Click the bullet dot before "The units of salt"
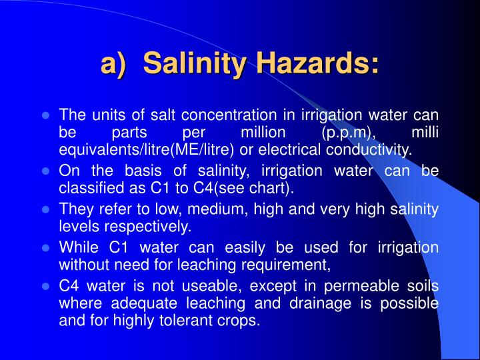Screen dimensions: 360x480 [x=46, y=114]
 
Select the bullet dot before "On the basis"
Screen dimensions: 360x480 [x=46, y=171]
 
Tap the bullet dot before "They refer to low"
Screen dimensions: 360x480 [x=46, y=209]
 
